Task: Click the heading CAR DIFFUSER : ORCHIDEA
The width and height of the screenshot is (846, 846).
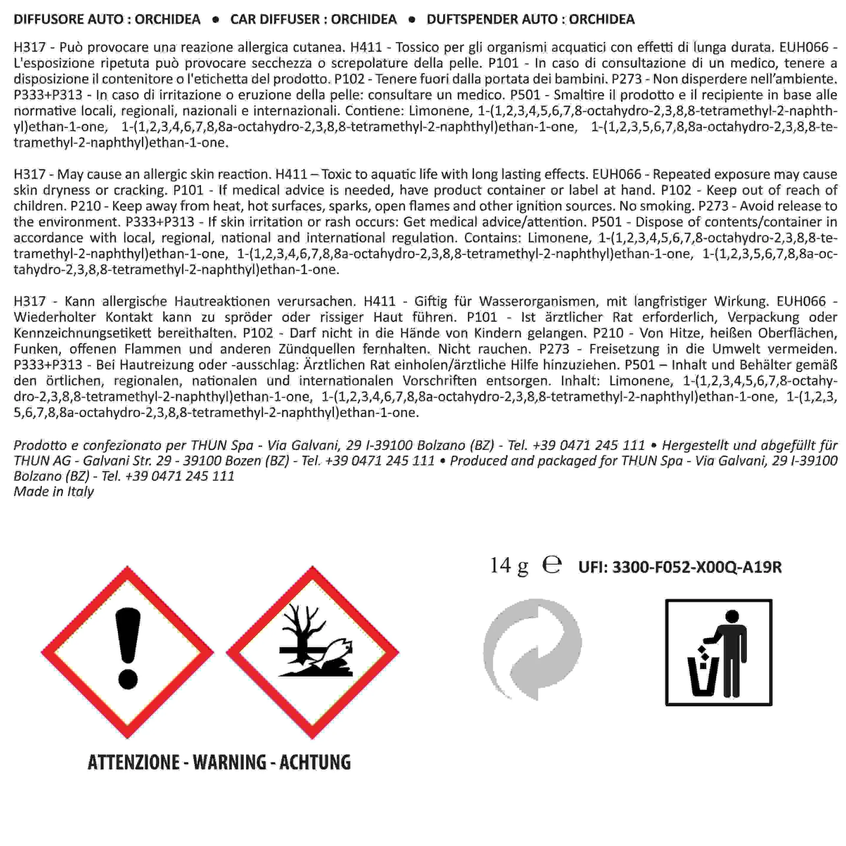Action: point(313,19)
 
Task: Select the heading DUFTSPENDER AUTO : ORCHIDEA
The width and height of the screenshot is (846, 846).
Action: point(530,19)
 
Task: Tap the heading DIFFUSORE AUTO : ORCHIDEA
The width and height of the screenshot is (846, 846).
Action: point(107,19)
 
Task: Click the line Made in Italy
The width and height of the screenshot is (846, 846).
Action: point(54,491)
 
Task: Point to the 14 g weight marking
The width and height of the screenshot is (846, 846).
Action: point(509,565)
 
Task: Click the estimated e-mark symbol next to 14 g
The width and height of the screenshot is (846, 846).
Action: point(552,565)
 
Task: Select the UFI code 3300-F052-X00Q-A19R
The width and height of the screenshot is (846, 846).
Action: point(697,567)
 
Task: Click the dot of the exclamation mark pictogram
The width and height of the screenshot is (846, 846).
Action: point(128,678)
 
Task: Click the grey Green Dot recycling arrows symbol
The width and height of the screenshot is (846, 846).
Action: point(532,649)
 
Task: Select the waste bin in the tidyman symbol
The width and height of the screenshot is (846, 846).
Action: point(703,679)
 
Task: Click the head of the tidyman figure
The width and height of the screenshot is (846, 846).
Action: point(732,616)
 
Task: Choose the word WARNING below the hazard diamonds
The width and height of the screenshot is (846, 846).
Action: point(230,762)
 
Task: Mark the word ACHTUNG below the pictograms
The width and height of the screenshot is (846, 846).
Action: point(315,762)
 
